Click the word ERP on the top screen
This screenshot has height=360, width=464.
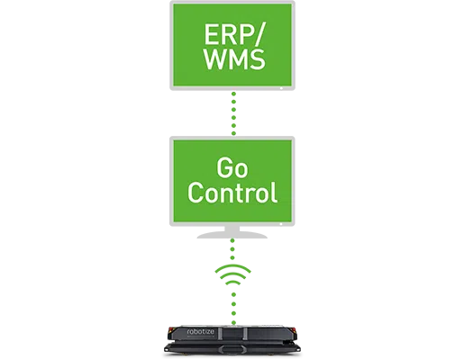point(227,34)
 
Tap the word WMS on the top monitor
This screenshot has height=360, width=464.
point(234,59)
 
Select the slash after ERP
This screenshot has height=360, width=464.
point(257,34)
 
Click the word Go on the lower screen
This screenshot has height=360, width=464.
point(232,168)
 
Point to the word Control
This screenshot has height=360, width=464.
point(232,193)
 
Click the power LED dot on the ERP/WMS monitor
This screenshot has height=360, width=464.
point(281,88)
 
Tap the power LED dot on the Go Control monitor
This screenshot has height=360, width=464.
point(281,224)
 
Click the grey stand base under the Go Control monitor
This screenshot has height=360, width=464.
point(232,235)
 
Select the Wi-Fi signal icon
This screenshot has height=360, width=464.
point(233,274)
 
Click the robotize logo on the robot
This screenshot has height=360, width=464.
point(201,331)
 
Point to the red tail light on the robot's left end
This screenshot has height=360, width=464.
point(171,331)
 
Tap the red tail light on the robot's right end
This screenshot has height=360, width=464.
point(295,331)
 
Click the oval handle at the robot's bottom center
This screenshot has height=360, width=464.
point(232,349)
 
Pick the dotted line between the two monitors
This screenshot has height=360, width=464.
point(233,113)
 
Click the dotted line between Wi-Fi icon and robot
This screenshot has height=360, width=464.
point(233,309)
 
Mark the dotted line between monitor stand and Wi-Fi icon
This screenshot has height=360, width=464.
point(232,249)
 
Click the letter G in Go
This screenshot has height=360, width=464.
point(224,168)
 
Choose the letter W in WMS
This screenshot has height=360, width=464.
point(215,59)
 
